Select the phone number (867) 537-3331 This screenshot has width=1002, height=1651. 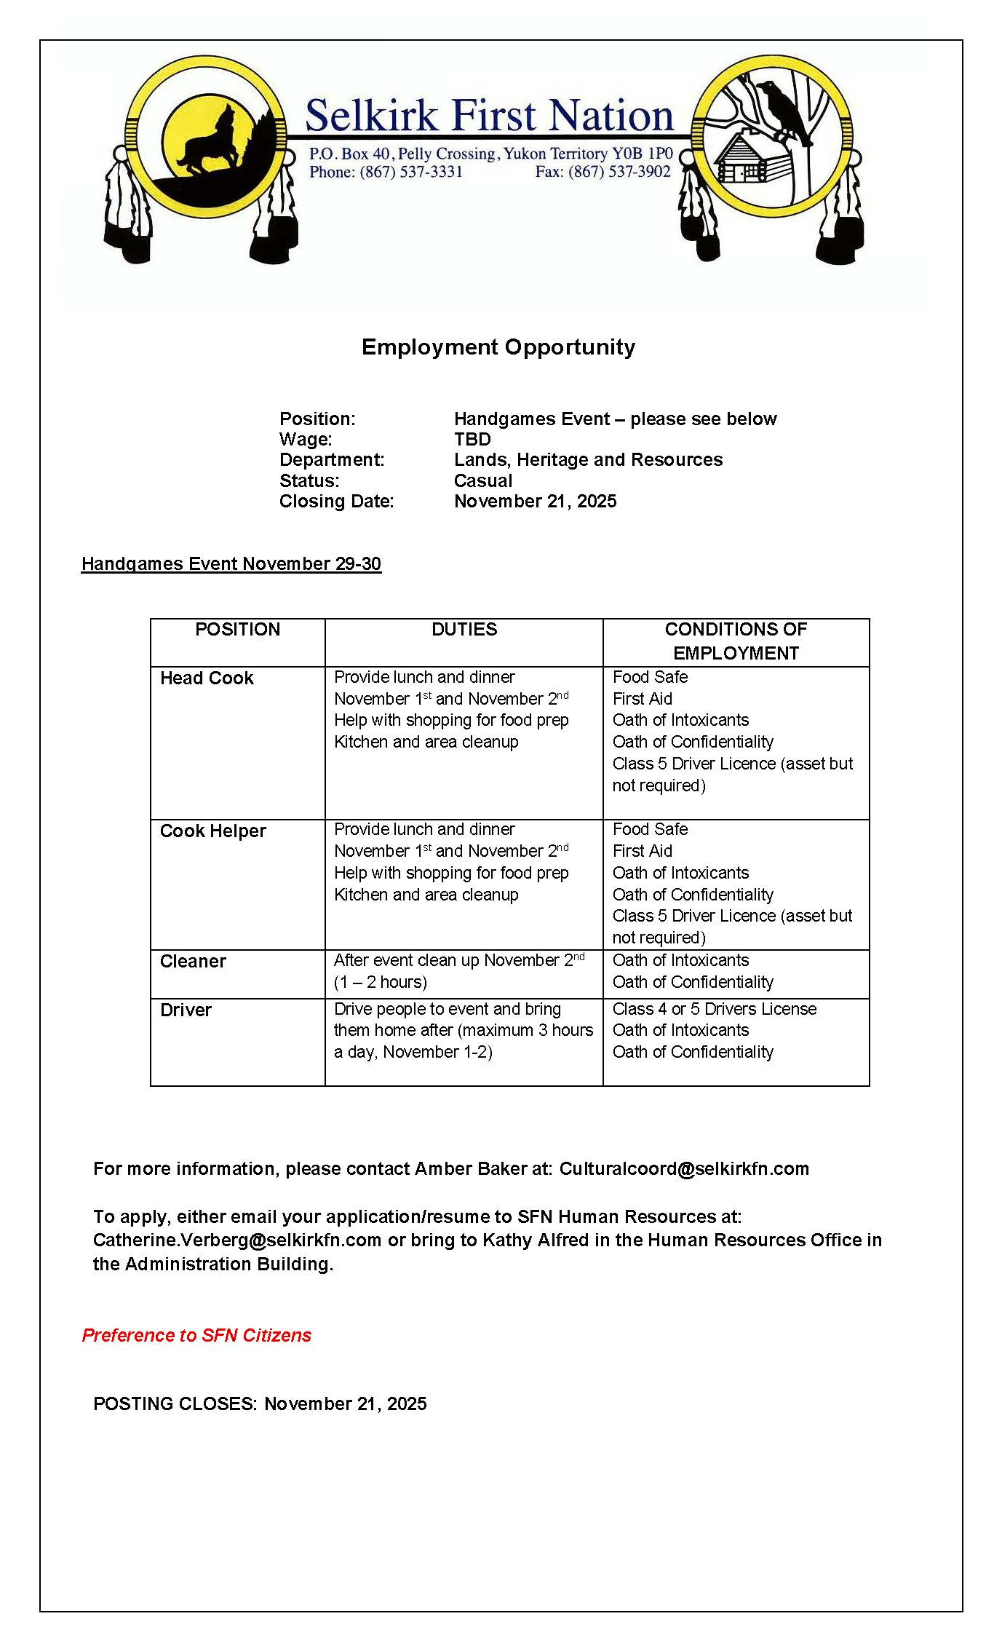coord(411,172)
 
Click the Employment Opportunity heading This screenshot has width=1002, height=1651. coord(498,347)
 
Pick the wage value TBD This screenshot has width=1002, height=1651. coord(472,439)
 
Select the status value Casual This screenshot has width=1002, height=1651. coord(483,480)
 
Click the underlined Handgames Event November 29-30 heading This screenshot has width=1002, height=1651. coord(231,563)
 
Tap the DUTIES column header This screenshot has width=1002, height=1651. coord(464,629)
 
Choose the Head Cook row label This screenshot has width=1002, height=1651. coord(207,678)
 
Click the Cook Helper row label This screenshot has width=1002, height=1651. coord(213,831)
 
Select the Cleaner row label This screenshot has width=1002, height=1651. coord(193,961)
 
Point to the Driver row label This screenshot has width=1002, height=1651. coord(186,1010)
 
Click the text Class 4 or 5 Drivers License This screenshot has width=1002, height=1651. coord(715,1009)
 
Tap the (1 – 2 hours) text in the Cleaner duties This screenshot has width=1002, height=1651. coord(381,982)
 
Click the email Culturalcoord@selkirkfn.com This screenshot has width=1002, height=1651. coord(684,1168)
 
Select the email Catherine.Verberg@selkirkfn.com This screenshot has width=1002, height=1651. coord(237,1240)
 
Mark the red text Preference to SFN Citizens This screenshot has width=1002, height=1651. coord(196,1335)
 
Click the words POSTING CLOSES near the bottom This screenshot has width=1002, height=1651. coord(175,1403)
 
